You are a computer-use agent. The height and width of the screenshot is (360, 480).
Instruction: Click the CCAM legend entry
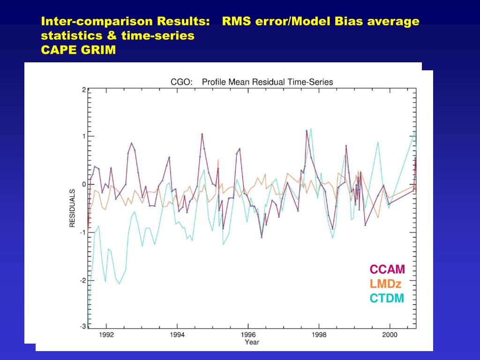[x=387, y=270]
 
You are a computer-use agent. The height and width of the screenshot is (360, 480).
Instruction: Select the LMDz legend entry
[x=385, y=284]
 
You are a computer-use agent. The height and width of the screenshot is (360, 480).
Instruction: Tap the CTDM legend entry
[x=387, y=298]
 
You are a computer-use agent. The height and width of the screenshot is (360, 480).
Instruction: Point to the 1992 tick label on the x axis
[x=106, y=335]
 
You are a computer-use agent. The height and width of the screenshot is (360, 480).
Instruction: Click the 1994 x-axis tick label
[x=177, y=335]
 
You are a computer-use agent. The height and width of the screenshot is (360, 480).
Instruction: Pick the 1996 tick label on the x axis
[x=248, y=335]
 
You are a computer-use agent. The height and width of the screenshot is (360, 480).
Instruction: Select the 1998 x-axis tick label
[x=319, y=335]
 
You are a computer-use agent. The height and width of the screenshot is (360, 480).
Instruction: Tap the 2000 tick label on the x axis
[x=390, y=335]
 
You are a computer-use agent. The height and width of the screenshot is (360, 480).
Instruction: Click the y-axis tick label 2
[x=83, y=90]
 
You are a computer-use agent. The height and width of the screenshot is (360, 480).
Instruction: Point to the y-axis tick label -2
[x=82, y=280]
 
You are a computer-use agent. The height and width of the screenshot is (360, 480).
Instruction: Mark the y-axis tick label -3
[x=82, y=326]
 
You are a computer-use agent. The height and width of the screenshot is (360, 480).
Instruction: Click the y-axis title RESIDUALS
[x=73, y=208]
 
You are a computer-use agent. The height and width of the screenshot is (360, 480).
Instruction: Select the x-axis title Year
[x=252, y=342]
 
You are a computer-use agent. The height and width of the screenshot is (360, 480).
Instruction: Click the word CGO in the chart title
[x=180, y=82]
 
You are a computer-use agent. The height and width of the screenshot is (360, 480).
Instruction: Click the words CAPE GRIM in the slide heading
[x=78, y=50]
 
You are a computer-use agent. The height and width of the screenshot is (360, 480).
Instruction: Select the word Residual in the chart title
[x=268, y=82]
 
